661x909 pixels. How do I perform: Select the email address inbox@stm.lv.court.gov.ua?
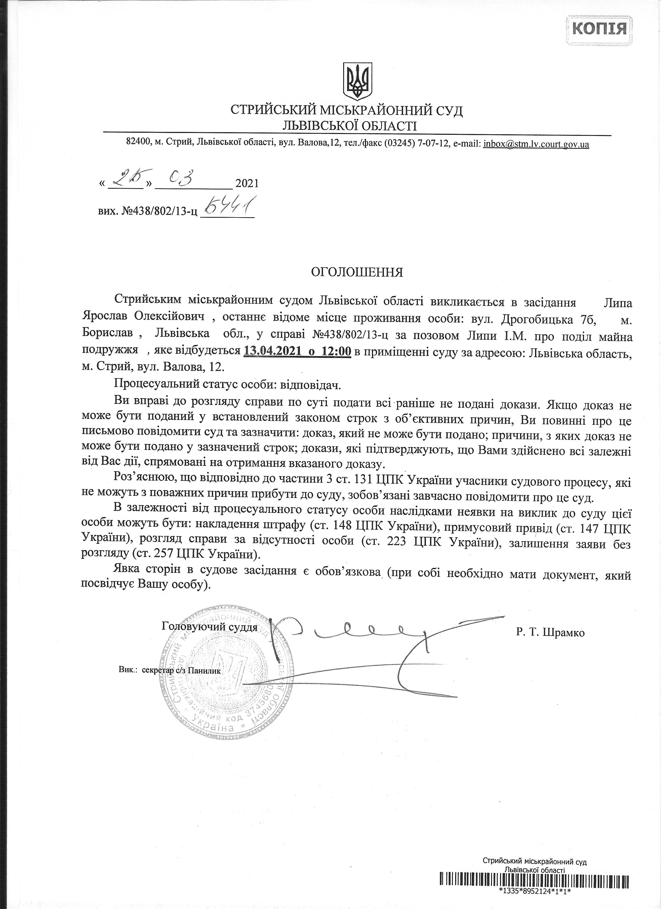536,144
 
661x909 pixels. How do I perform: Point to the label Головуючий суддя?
209,626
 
